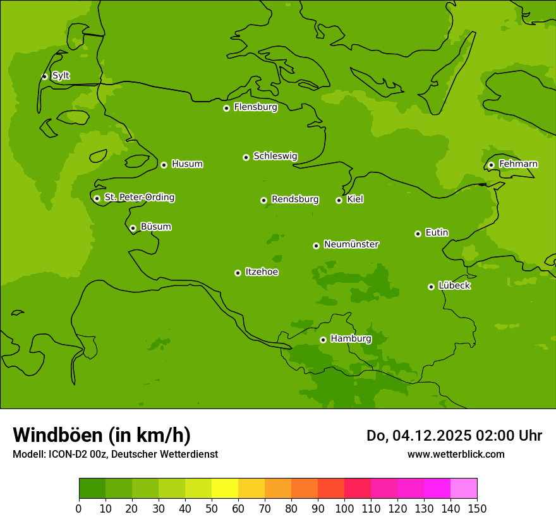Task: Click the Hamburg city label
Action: [351, 339]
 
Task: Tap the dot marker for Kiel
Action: [339, 200]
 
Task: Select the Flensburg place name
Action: [255, 107]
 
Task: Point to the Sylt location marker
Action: [44, 76]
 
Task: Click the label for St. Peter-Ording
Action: [139, 198]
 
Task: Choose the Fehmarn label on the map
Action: [518, 164]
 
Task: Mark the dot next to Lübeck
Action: [431, 287]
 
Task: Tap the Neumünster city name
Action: [351, 244]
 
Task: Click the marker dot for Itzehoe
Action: [238, 273]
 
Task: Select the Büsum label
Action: [155, 227]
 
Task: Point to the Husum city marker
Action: [164, 165]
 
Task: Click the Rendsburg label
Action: [294, 199]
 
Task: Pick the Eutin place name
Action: [437, 233]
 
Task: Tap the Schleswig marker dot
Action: [246, 157]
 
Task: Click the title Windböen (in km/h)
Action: [102, 435]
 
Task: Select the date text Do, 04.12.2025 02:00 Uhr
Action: [454, 436]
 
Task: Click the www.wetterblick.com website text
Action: [456, 454]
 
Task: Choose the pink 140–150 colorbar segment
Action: [464, 488]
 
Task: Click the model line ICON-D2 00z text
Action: [115, 454]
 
